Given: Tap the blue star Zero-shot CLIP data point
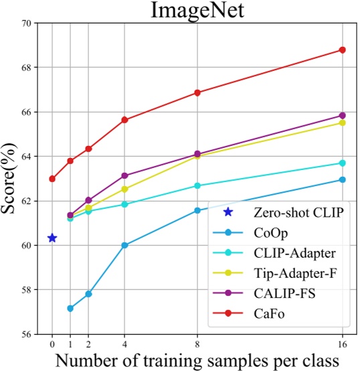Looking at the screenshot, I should pos(52,238).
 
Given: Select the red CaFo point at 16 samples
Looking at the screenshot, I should pos(343,50).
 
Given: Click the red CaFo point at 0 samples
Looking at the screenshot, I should pos(52,179).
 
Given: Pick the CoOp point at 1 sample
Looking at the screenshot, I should pos(70,308).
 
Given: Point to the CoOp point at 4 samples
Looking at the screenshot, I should pos(124,245).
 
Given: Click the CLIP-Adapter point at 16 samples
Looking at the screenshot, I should pos(343,163).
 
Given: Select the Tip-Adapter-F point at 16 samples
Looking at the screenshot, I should pos(343,123).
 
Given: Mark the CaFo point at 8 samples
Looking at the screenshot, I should pos(197,92).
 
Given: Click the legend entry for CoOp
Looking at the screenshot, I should pos(272,232).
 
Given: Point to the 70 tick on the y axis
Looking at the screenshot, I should pos(26,23).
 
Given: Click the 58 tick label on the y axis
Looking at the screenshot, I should pos(26,290).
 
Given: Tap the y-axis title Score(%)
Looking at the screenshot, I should pos(10,178).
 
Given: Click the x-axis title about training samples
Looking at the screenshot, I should pos(197,360).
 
